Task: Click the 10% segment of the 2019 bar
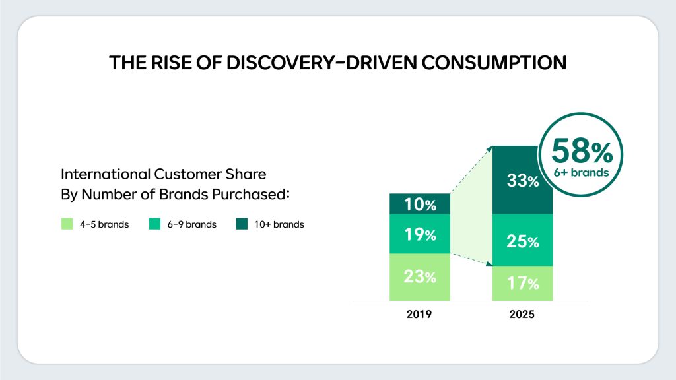click(x=420, y=205)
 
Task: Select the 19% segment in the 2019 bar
click(x=420, y=234)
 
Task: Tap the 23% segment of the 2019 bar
click(x=420, y=277)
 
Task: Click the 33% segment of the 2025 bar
click(x=523, y=179)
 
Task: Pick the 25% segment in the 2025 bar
click(x=523, y=241)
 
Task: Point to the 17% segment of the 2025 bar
click(x=523, y=284)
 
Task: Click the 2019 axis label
click(x=420, y=315)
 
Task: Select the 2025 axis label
click(x=522, y=315)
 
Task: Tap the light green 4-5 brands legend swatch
click(x=66, y=224)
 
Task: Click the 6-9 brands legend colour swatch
click(x=155, y=224)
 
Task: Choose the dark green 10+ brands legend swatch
click(x=242, y=224)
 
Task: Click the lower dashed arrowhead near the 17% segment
click(x=491, y=265)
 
